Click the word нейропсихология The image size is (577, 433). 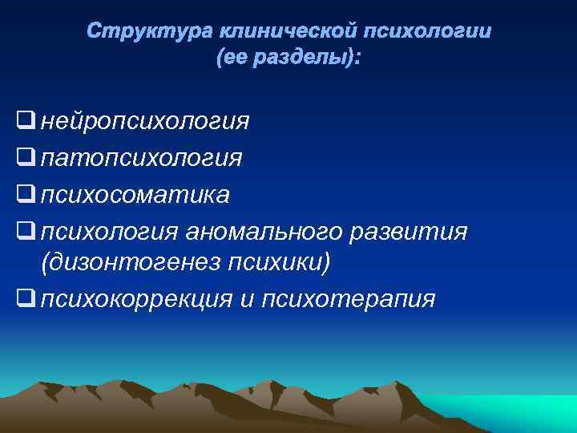pyautogui.click(x=145, y=122)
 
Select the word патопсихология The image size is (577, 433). pyautogui.click(x=141, y=158)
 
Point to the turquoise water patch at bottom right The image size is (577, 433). pyautogui.click(x=513, y=413)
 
